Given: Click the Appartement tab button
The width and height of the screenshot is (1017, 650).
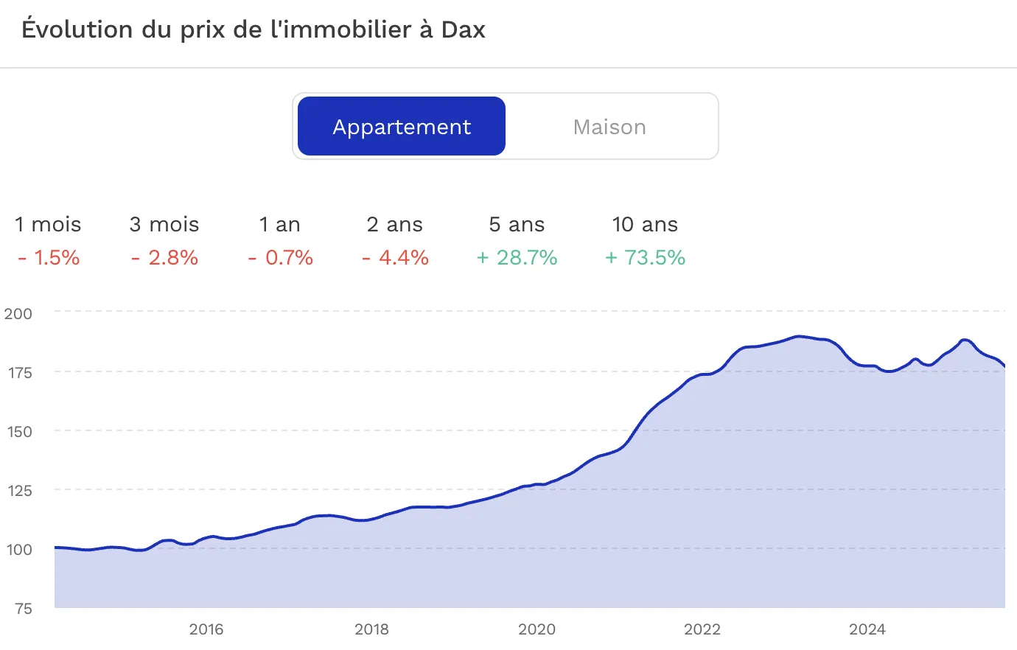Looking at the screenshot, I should pyautogui.click(x=402, y=127).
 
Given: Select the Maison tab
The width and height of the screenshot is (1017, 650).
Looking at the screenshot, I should pyautogui.click(x=609, y=127).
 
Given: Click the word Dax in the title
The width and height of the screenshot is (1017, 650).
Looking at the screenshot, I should pyautogui.click(x=464, y=29).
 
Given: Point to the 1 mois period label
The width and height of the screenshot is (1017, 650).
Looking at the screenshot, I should pyautogui.click(x=48, y=224).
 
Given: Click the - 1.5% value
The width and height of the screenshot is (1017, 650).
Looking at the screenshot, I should pyautogui.click(x=49, y=257).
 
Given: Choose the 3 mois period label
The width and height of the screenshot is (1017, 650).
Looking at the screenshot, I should pyautogui.click(x=164, y=224).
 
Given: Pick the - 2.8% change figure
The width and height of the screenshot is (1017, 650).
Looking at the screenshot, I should pyautogui.click(x=164, y=257).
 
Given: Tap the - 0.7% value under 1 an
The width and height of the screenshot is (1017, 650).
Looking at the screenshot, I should pyautogui.click(x=281, y=257).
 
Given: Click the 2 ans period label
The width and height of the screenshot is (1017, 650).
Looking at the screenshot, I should pyautogui.click(x=395, y=224).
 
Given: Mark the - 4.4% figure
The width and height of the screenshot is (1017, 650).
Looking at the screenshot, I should pyautogui.click(x=395, y=257).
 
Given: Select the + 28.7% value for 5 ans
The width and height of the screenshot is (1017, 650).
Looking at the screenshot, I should pyautogui.click(x=517, y=257).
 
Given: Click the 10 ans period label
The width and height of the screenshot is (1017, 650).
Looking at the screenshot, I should pyautogui.click(x=645, y=224).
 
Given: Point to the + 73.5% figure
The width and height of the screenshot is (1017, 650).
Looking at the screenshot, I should pyautogui.click(x=645, y=257).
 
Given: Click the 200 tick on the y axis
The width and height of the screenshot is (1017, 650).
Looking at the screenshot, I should pyautogui.click(x=18, y=313).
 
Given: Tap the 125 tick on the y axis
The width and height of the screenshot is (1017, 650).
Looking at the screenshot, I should pyautogui.click(x=19, y=490).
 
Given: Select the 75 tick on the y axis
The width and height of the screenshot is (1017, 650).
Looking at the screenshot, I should pyautogui.click(x=24, y=608).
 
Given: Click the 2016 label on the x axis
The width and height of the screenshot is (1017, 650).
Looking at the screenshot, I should pyautogui.click(x=206, y=629).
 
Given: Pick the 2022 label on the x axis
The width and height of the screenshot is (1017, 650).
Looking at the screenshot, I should pyautogui.click(x=702, y=629).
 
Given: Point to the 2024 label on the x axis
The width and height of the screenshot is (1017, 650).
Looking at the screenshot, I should pyautogui.click(x=867, y=629).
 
